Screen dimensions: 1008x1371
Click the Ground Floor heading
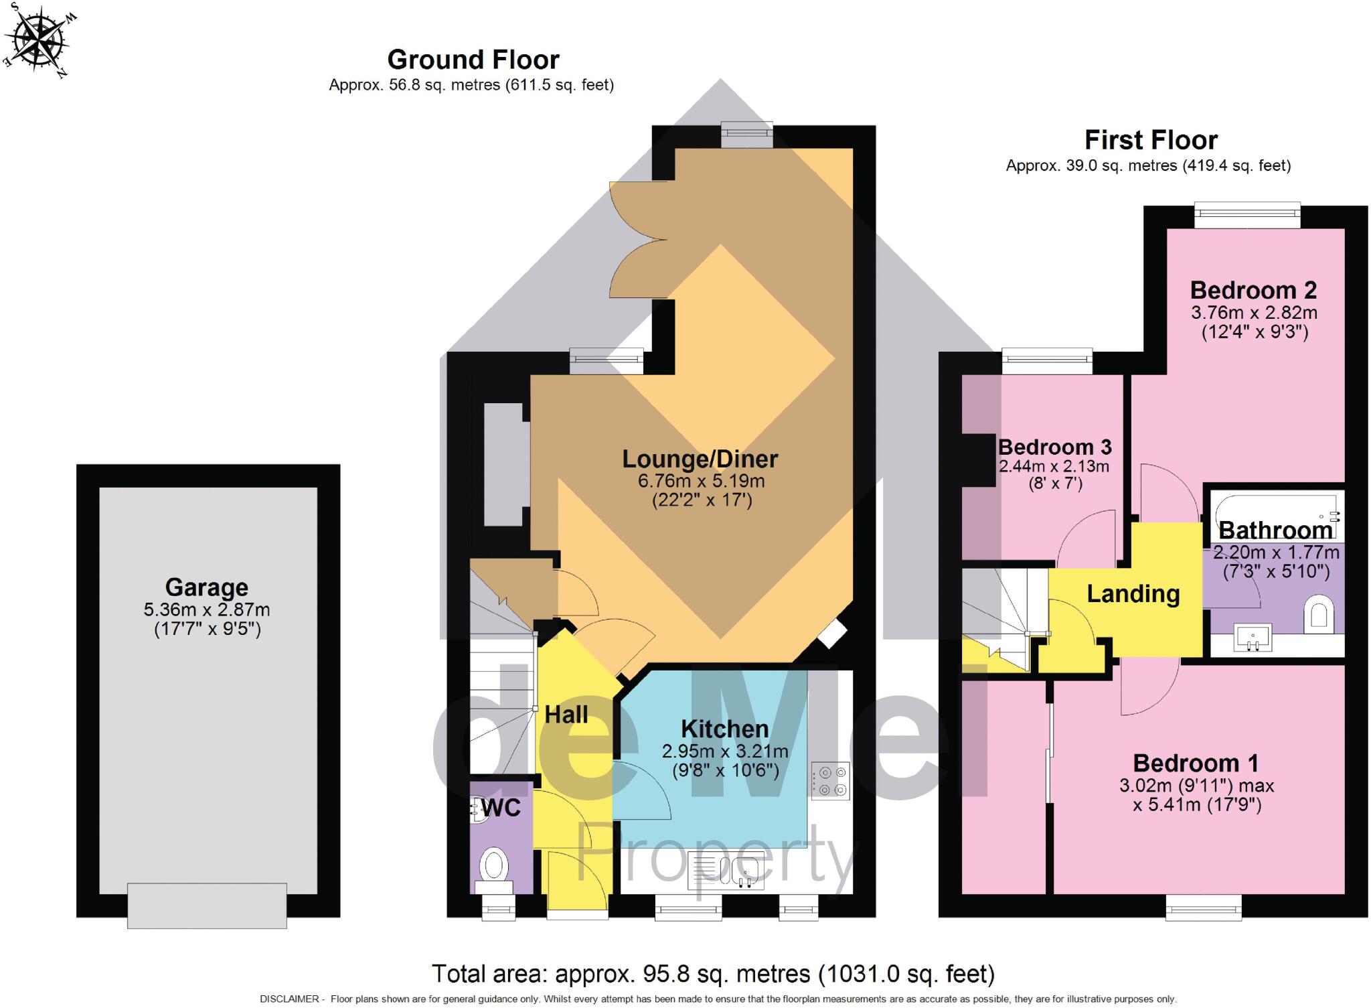coord(473,60)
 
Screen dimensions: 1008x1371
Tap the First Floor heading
coord(1150,141)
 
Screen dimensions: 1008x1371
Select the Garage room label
coord(206,587)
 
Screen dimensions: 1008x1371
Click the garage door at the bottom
coord(207,905)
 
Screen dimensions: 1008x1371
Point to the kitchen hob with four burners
coord(831,781)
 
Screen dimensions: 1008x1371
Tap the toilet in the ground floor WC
coord(494,866)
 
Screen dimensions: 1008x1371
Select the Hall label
coord(566,715)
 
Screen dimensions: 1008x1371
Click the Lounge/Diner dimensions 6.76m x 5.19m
coord(701,481)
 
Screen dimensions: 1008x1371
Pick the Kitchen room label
coord(724,729)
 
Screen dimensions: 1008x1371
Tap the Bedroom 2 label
coord(1253,291)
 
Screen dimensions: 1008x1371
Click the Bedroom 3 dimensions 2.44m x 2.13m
coord(1054,466)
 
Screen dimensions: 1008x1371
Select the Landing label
coord(1133,594)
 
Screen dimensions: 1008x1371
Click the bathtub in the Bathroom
coord(1275,512)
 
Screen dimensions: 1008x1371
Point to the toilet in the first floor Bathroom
coord(1318,614)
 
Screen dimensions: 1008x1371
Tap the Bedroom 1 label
coord(1196,764)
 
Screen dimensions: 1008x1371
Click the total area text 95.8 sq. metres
coord(713,973)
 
